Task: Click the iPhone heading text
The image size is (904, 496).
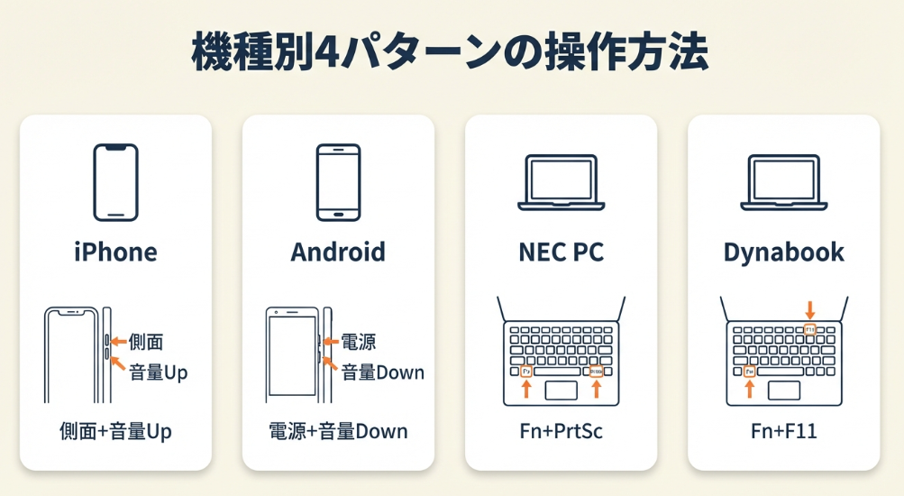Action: pos(115,253)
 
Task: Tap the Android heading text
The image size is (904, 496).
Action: pos(338,253)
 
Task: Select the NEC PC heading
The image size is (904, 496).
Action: pos(561,253)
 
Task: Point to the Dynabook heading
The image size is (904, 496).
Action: pos(783,253)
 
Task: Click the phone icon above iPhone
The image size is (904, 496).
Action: pos(115,182)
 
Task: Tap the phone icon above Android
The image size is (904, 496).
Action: pos(338,182)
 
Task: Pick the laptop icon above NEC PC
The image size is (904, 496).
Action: pos(561,183)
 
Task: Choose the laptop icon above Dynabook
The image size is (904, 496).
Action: pos(783,183)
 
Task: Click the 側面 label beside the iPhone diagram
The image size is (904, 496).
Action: pos(146,341)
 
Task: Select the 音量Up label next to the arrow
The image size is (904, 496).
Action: pos(158,371)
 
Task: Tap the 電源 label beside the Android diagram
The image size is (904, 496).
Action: pos(358,342)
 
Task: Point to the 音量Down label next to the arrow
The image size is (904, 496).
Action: pos(382,372)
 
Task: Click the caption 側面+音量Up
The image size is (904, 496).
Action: pos(115,431)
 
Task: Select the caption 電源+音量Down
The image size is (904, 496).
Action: pos(338,431)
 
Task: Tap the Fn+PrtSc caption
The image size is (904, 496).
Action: pos(561,431)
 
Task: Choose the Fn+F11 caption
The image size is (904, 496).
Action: pos(783,431)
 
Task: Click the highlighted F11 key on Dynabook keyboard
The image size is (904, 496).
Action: pos(809,330)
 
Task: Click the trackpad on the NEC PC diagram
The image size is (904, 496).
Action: pos(561,390)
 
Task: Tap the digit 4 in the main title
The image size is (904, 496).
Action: pos(326,53)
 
